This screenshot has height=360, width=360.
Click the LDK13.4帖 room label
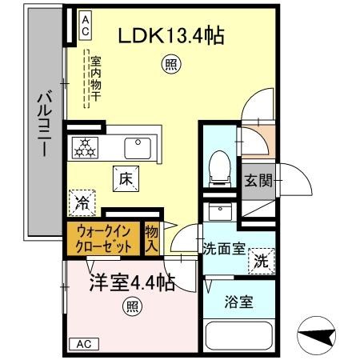(x=171, y=35)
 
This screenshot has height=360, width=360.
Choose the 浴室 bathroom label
(x=238, y=302)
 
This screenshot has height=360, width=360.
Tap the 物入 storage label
(x=151, y=238)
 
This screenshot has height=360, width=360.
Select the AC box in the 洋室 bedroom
(x=83, y=344)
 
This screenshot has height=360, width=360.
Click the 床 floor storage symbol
(x=126, y=180)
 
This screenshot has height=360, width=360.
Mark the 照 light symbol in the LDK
(x=170, y=65)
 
